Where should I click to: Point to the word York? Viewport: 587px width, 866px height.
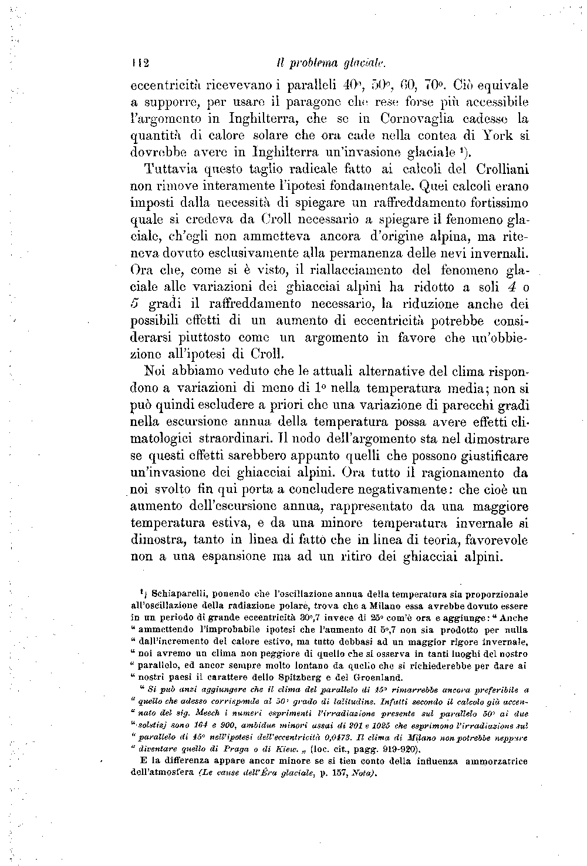[495, 135]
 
